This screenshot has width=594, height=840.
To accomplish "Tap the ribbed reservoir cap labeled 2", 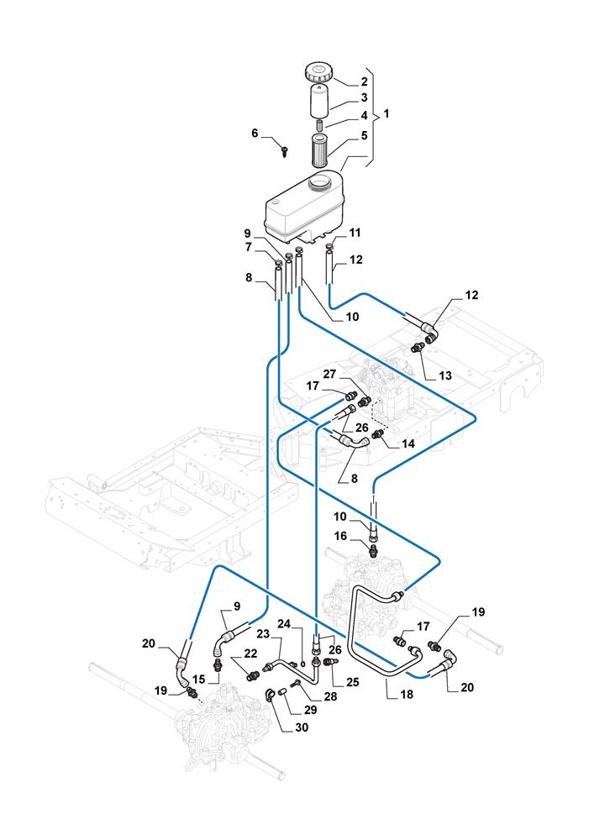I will coord(320,70).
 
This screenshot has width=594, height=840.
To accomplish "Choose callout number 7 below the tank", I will coord(248,247).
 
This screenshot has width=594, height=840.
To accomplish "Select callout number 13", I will coord(444,375).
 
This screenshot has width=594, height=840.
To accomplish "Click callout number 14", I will coord(409,442).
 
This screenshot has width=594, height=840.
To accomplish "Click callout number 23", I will coord(262,634).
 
